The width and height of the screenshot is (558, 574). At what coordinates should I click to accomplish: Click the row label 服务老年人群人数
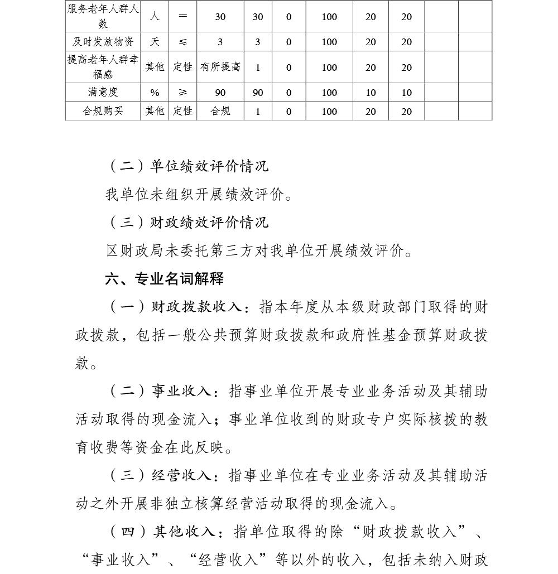(103, 17)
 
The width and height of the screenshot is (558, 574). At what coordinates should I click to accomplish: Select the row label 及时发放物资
(103, 42)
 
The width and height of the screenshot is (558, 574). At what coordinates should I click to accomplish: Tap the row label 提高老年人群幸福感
(103, 67)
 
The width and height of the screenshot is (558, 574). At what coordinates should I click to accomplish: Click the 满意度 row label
(103, 93)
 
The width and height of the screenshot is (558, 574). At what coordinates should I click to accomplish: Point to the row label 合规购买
(103, 111)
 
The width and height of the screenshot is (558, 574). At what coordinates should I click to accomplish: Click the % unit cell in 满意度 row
(155, 93)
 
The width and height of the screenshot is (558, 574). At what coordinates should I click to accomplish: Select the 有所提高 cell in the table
(220, 67)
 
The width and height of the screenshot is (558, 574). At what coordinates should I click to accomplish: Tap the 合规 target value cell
(220, 111)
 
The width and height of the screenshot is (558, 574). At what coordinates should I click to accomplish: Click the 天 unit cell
(155, 42)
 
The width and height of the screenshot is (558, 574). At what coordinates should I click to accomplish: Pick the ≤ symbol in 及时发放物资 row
(182, 42)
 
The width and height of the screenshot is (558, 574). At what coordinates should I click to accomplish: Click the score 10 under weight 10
(407, 93)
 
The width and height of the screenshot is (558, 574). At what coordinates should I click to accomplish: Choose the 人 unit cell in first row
(155, 17)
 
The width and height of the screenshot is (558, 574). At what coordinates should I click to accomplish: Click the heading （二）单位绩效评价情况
(187, 166)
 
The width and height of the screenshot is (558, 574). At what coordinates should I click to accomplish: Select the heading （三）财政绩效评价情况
(187, 222)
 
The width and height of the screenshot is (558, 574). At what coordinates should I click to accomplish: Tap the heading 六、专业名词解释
(165, 278)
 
